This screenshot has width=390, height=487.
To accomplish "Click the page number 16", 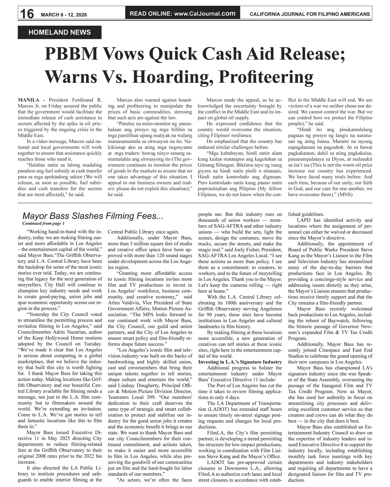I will pos(27,14).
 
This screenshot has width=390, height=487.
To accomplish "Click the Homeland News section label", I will pos(60,32).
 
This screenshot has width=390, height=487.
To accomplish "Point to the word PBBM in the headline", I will pos(71,55).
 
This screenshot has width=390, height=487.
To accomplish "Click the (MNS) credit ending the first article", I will pos(345,194).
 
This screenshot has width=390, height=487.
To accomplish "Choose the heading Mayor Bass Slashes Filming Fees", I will pos(93,216).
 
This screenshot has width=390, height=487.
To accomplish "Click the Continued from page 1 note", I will pos(43,223).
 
